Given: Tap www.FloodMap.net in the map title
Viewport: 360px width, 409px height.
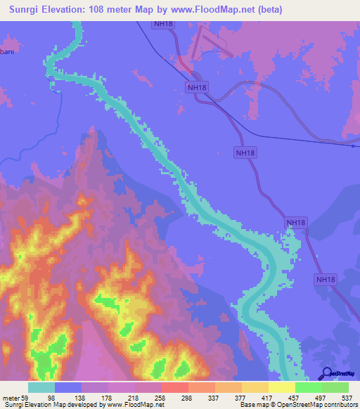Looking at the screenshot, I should [229, 8].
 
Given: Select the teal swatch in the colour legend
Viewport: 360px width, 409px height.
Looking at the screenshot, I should [41, 387].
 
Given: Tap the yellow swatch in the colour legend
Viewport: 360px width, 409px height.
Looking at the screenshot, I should [282, 387].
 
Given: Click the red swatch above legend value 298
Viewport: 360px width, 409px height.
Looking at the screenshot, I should [175, 387].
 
